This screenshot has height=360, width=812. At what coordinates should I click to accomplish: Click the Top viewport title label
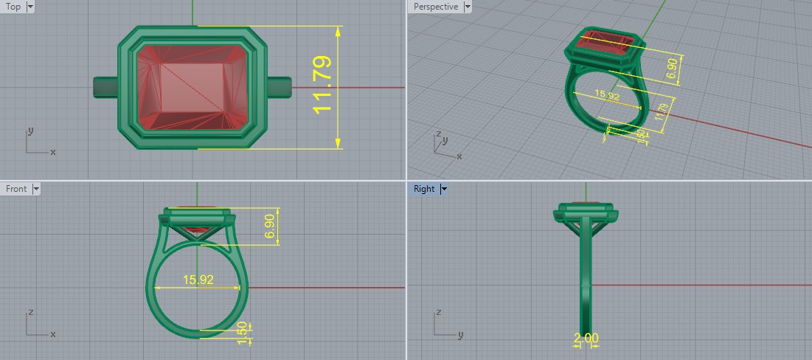[x=13, y=7]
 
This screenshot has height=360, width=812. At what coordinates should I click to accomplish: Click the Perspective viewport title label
[x=435, y=7]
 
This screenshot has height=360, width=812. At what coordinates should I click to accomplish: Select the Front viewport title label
[x=16, y=189]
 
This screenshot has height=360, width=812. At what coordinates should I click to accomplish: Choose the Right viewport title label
[x=424, y=189]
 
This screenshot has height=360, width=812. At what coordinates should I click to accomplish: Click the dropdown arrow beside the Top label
[x=30, y=7]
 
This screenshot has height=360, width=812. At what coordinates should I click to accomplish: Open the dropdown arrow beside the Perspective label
[x=467, y=7]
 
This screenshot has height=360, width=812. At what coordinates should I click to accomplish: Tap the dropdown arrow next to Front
[x=36, y=189]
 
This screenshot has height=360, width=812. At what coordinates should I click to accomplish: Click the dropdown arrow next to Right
[x=444, y=189]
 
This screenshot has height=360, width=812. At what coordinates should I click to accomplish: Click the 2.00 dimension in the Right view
[x=586, y=338]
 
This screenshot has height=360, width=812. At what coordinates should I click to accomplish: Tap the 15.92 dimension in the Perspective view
[x=605, y=96]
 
